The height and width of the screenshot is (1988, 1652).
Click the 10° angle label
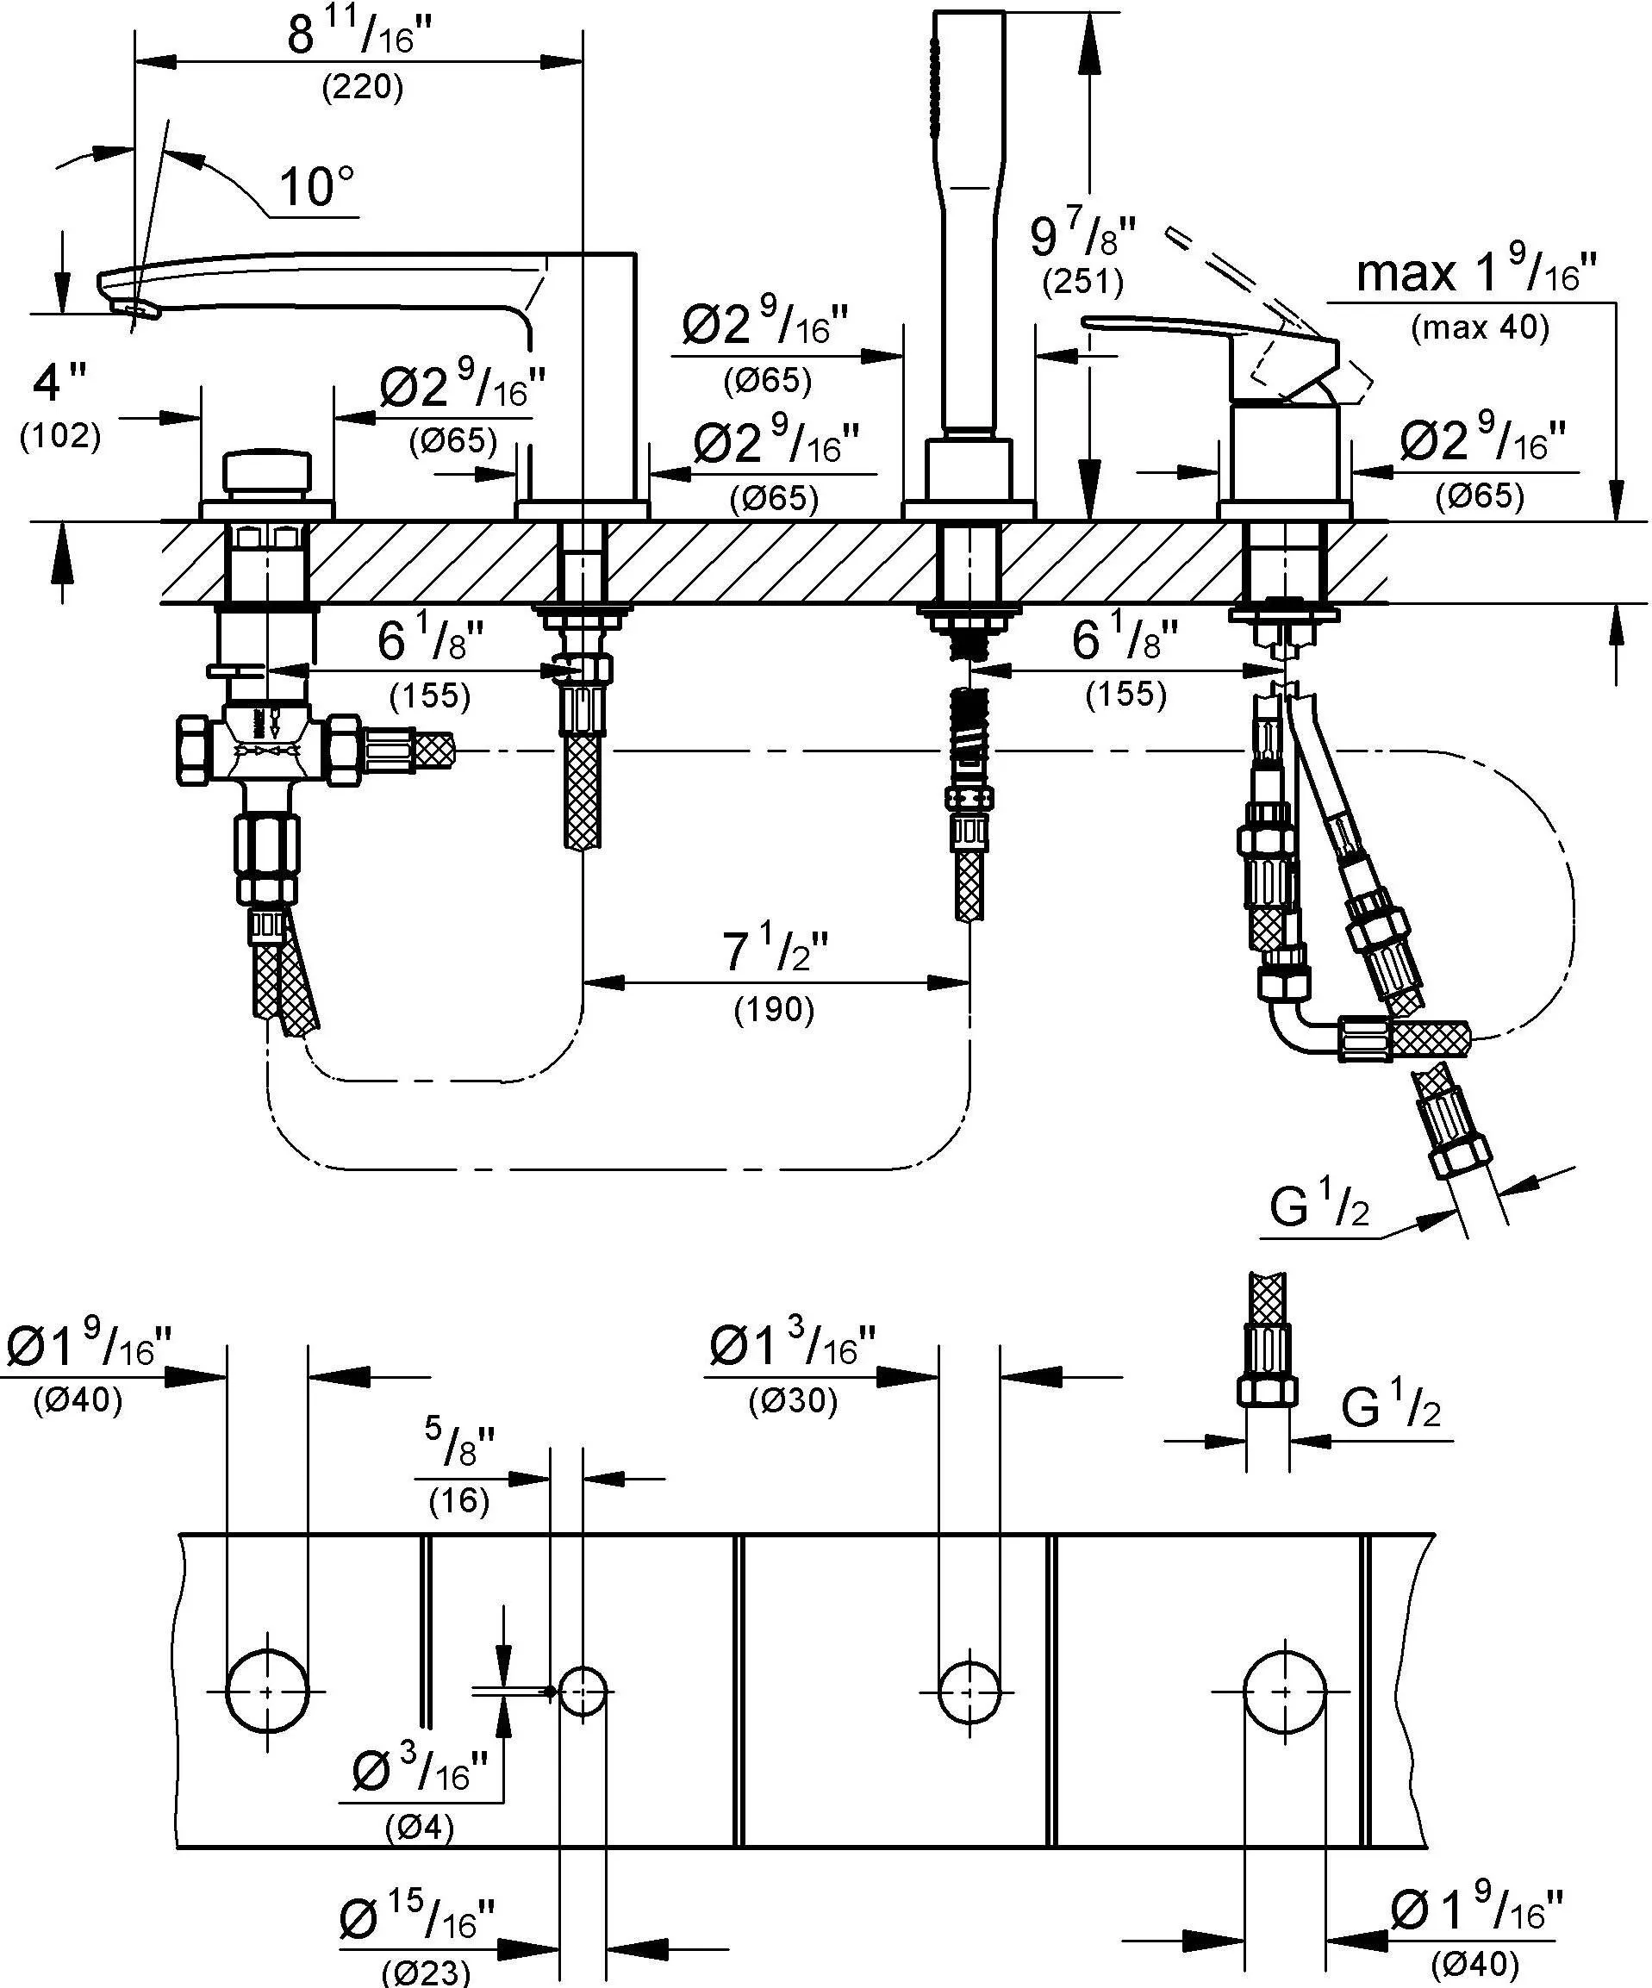316,186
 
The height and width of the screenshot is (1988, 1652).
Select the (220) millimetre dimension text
363,87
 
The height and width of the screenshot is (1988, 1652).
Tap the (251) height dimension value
1083,281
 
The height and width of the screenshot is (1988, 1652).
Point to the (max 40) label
1480,327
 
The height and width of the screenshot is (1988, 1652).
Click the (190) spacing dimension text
775,1010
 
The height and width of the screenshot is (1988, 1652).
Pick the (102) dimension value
59,435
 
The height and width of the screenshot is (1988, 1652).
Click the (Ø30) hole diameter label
794,1400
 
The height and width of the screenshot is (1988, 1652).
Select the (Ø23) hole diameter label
426,1972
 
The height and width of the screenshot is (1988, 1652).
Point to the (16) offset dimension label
459,1500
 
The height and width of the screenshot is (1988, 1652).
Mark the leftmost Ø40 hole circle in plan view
268,1692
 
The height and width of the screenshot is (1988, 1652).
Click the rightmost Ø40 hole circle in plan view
1285,1692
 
